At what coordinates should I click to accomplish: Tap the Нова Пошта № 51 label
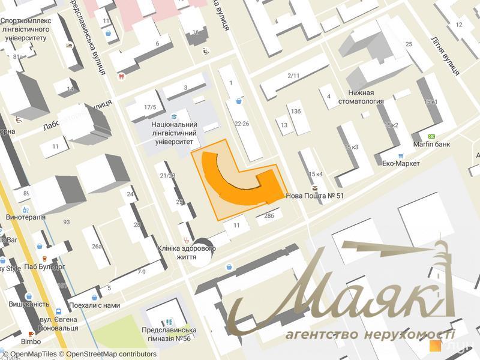click(x=315, y=196)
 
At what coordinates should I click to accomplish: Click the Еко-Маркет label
click(x=401, y=163)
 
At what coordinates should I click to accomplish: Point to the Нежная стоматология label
click(x=364, y=97)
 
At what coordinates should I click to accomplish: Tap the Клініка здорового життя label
click(x=186, y=252)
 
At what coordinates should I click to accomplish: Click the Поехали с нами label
click(x=94, y=305)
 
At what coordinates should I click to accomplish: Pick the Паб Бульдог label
click(x=45, y=266)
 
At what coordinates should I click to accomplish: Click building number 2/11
click(x=293, y=76)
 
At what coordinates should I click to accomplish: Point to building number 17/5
click(x=150, y=107)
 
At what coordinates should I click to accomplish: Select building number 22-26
click(x=242, y=124)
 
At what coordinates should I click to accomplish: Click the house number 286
click(x=269, y=215)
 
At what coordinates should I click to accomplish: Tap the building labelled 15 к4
click(x=315, y=174)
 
